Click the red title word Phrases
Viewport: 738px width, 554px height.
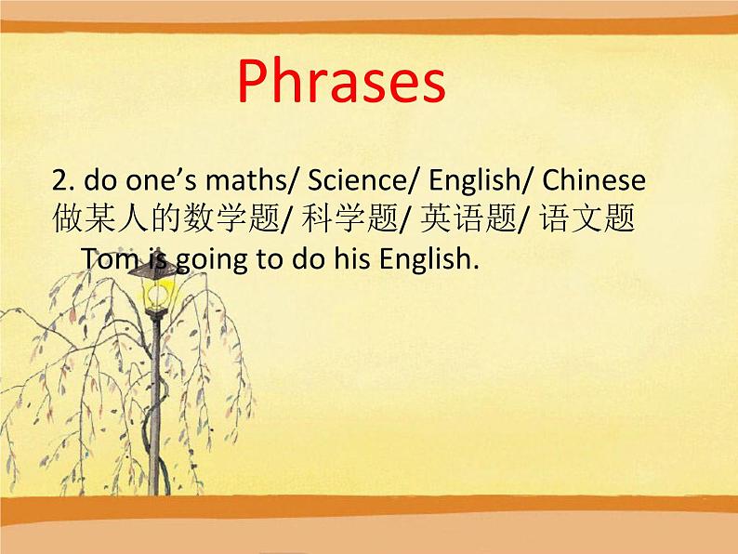pyautogui.click(x=341, y=82)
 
